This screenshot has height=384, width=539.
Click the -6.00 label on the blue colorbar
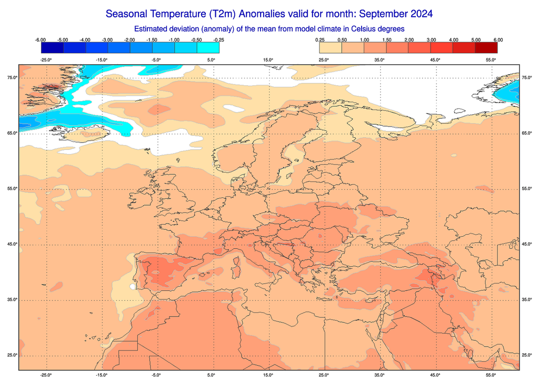(41, 40)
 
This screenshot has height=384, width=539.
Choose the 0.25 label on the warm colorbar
(320, 40)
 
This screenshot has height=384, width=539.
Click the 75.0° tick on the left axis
(12, 78)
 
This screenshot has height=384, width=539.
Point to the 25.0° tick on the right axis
(527, 355)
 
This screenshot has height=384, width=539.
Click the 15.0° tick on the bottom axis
(268, 375)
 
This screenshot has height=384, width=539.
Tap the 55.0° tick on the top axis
(491, 59)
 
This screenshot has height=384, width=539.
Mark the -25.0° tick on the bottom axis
(46, 375)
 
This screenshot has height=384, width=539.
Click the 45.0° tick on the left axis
(12, 244)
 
